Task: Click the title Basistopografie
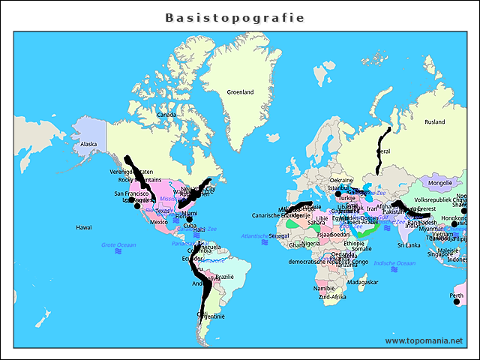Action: (x=235, y=17)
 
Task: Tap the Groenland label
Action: (x=240, y=92)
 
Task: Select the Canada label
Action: (x=166, y=115)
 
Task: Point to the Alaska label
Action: (x=88, y=144)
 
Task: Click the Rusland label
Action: (x=434, y=121)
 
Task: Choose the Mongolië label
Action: (x=438, y=182)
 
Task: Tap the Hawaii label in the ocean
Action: (x=83, y=226)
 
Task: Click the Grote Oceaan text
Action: (x=118, y=244)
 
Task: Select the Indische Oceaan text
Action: (x=394, y=262)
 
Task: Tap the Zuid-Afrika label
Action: (x=332, y=297)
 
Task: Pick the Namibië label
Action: (x=324, y=288)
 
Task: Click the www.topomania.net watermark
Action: (x=424, y=340)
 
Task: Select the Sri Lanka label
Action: (x=409, y=244)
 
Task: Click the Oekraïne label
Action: (x=341, y=180)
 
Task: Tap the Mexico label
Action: (x=159, y=222)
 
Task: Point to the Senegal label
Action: (x=279, y=235)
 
